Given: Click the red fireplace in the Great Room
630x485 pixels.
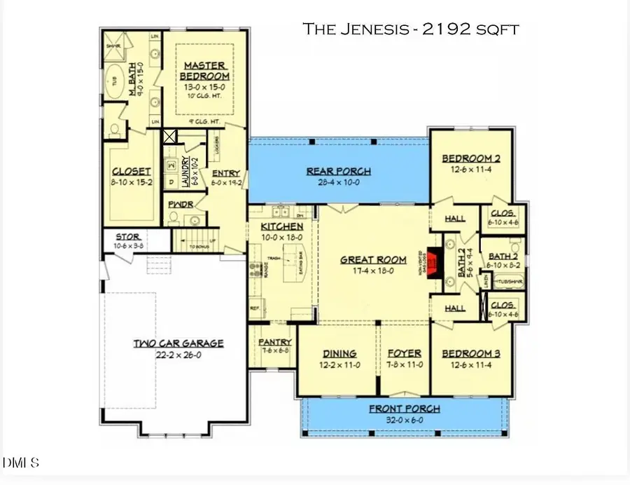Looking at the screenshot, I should pos(434,264).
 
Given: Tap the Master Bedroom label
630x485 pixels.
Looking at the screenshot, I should pos(204,70).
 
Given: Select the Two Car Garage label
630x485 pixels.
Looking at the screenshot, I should pos(178,343).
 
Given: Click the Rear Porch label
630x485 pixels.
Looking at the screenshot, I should pos(338,171).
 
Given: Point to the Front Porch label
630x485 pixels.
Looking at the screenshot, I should pos(405,409).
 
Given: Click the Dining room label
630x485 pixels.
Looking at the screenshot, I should pos(339,353).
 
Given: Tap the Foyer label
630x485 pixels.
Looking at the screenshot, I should pos(404,353).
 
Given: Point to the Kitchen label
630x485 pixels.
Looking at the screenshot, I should pos(281,226).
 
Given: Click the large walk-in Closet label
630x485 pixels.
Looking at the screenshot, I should pos(132,171).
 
